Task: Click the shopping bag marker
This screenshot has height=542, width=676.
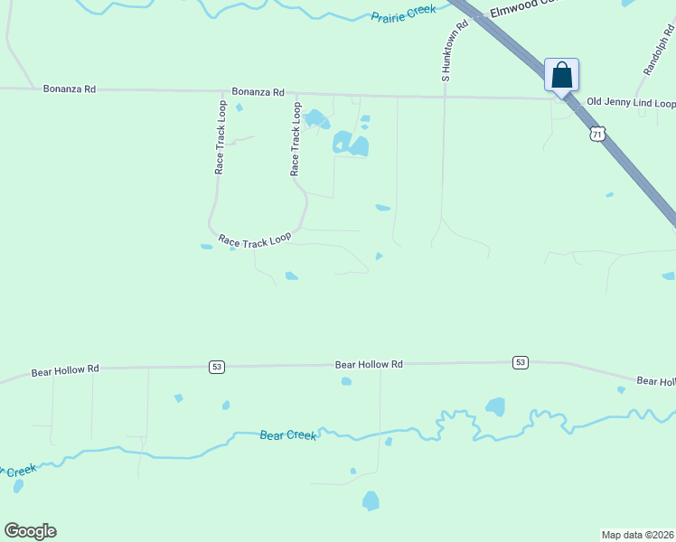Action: point(561,75)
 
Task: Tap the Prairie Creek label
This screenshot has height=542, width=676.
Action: point(404,14)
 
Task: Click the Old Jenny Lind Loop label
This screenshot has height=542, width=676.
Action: point(630,104)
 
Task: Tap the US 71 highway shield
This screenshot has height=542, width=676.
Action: point(596,134)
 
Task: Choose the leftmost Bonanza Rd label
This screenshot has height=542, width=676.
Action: point(69,89)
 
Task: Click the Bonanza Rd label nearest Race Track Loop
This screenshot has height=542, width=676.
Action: point(258,92)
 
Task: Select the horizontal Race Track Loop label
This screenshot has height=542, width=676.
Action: point(254,239)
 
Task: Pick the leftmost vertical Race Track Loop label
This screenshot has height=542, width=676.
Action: point(220,136)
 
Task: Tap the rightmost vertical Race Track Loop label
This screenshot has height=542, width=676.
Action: point(295,138)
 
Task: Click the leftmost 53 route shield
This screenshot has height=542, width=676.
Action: point(216,366)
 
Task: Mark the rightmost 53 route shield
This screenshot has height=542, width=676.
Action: point(520,362)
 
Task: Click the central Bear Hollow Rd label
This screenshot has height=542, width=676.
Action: point(369,364)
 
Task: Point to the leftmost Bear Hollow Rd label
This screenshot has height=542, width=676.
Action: point(65,370)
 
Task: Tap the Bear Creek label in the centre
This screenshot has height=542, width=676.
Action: point(288,435)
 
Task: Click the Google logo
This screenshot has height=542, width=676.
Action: point(30,531)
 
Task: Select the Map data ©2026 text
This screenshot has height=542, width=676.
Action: point(637,535)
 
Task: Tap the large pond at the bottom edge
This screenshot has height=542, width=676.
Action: point(371,500)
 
